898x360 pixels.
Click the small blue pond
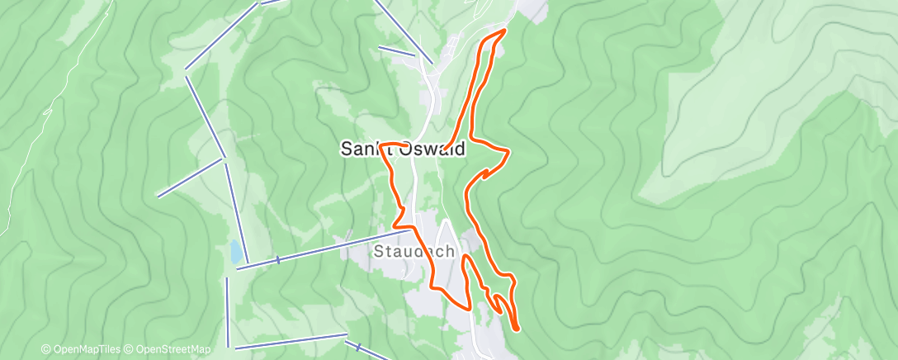(237, 249)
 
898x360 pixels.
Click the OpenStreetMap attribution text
(173, 349)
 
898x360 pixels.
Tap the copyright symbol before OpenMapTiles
(45, 349)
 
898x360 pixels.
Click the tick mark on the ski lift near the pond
(278, 259)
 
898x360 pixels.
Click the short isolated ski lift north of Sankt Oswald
(396, 51)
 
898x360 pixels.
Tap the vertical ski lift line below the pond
(227, 310)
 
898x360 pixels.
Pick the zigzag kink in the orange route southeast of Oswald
(486, 174)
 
